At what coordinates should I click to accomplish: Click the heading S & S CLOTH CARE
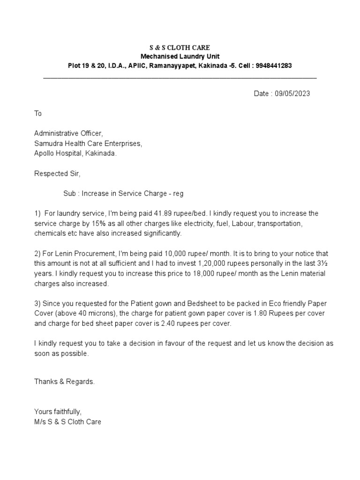coord(180,47)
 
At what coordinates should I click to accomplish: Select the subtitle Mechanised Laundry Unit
coord(180,56)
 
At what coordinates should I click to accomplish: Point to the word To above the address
coord(38,113)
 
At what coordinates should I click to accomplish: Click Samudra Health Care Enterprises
coord(87,143)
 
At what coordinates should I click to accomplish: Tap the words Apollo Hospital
coord(60,153)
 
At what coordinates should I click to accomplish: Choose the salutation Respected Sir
coord(57,173)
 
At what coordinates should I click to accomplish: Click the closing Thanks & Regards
coord(64,382)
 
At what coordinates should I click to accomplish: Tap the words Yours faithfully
coord(58,412)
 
